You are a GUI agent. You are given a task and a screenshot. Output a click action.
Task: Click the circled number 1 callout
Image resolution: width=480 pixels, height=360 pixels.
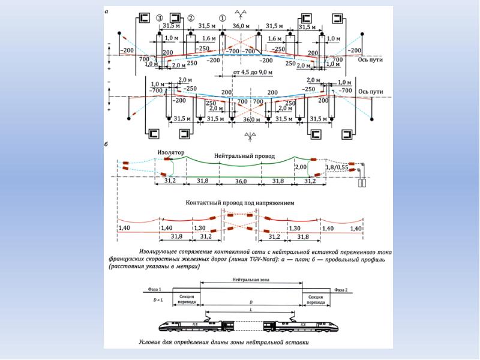pos(223,19)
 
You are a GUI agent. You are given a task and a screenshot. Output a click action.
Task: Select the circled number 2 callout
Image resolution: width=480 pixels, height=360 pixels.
pos(190,18)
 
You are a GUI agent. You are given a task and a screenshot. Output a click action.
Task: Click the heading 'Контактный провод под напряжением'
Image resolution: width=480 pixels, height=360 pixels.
pos(240,203)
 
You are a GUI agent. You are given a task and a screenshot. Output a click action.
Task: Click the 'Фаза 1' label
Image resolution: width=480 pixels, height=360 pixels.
pos(151,289)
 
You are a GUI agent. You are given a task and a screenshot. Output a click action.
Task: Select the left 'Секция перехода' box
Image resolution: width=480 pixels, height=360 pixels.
pos(185,299)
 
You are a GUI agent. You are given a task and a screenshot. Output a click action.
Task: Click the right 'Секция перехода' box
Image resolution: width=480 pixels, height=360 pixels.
pos(316,299)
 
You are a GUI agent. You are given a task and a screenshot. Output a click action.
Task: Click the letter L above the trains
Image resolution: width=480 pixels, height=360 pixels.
pos(251,309)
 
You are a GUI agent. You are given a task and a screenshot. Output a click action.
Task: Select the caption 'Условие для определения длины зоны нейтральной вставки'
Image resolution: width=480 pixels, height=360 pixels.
pos(222,343)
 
